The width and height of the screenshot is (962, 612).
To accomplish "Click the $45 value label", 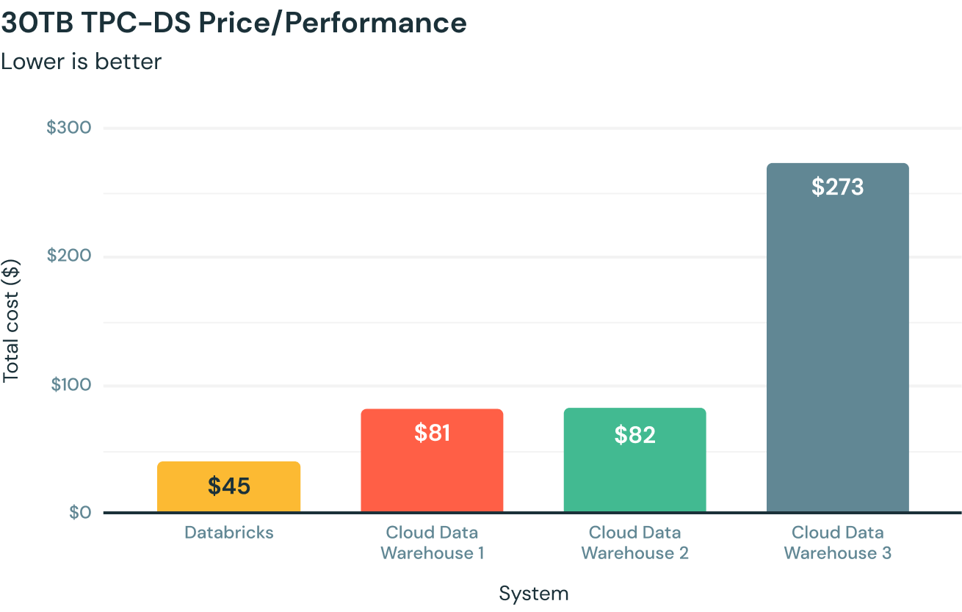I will (x=228, y=486).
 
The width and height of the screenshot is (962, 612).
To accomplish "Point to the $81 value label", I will (x=432, y=433).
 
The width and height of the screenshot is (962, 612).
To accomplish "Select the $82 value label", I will (x=634, y=435).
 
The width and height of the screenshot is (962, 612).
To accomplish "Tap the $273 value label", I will (x=837, y=187).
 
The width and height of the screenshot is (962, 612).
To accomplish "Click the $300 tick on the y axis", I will (x=69, y=128).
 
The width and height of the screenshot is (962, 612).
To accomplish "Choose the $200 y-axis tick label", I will (x=69, y=256).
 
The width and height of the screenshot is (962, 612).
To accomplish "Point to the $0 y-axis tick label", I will (x=79, y=513).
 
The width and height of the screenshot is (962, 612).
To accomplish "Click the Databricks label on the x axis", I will (x=228, y=533).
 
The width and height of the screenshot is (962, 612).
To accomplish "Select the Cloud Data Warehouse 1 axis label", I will (x=432, y=543).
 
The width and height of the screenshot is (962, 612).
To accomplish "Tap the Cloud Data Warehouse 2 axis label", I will (x=634, y=543).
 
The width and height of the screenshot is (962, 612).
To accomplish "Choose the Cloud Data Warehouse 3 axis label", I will (x=837, y=543).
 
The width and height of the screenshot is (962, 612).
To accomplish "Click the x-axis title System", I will (x=533, y=594).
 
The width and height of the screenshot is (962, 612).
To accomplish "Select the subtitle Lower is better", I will (x=81, y=61).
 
